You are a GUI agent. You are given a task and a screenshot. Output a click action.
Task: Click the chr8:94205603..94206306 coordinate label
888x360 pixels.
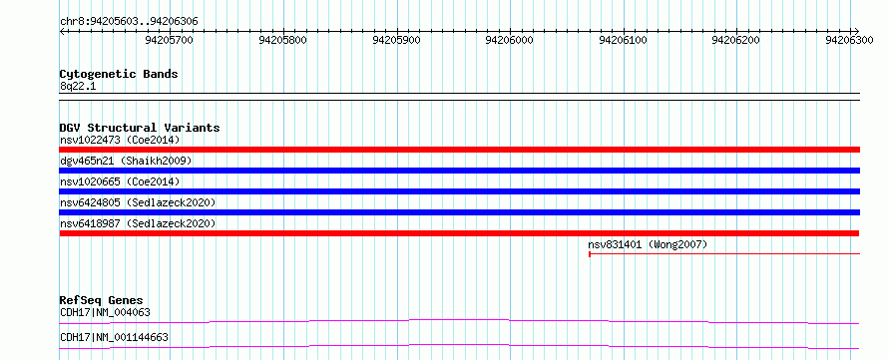point(129,22)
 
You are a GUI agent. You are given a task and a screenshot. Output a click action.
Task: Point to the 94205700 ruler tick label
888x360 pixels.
point(170,40)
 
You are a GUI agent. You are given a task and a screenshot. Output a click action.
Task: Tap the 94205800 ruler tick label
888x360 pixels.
point(282,40)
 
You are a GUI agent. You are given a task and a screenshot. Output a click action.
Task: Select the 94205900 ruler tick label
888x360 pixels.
point(396,40)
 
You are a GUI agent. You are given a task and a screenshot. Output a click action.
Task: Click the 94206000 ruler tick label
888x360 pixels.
point(510,40)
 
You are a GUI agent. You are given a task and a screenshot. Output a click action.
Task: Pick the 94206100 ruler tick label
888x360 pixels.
point(623,40)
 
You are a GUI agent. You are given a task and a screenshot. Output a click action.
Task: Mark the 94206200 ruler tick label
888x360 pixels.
point(736,40)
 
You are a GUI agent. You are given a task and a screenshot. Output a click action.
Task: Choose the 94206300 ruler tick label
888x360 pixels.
point(849,40)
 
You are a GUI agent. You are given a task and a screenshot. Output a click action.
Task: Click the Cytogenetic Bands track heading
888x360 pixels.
point(119,74)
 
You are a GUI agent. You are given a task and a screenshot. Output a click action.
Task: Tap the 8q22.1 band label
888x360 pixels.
point(79,87)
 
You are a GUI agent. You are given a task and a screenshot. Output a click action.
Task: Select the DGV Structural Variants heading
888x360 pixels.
point(140,128)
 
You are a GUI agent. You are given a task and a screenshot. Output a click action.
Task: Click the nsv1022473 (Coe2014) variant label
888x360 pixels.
point(120,140)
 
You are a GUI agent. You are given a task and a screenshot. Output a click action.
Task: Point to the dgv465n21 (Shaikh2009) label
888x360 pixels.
point(126,161)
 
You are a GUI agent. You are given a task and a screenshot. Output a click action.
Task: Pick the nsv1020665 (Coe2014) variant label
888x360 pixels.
point(120,181)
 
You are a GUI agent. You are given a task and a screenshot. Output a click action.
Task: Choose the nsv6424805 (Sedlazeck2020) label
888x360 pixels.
point(138,202)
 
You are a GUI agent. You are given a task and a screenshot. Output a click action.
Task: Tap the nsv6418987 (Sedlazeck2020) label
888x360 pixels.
point(138,223)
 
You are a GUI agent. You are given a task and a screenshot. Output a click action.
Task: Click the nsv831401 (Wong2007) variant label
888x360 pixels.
point(648,245)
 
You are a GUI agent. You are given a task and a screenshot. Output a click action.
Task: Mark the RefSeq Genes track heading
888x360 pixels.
point(102,300)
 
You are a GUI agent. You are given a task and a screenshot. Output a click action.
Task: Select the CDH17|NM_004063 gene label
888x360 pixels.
point(106,312)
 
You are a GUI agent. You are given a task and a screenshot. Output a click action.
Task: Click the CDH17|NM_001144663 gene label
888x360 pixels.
point(114,338)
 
